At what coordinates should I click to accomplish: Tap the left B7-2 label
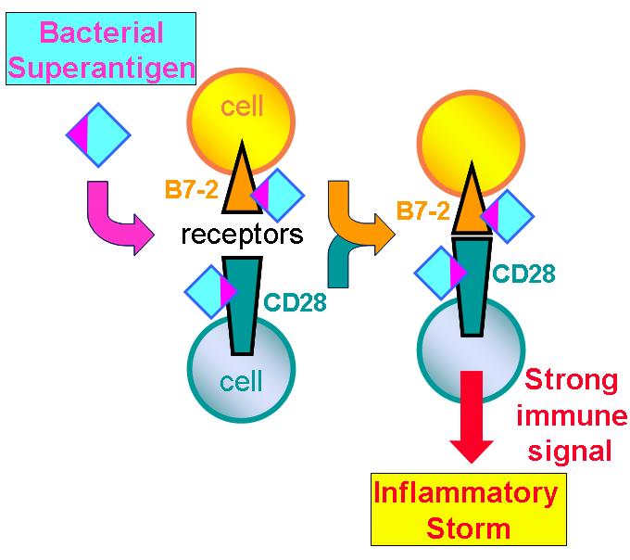[193, 191]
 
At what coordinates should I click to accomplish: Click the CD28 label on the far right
[523, 274]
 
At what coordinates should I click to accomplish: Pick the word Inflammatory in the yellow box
[466, 493]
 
